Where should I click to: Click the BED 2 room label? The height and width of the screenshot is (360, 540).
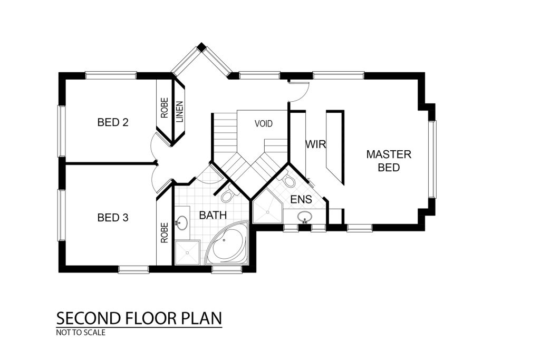[113, 122]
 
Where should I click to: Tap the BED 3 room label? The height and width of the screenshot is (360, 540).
[113, 218]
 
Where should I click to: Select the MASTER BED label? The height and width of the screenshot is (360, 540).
[389, 161]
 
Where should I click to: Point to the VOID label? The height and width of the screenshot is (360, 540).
[264, 123]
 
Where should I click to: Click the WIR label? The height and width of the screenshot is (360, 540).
[315, 144]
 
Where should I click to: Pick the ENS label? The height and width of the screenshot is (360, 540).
[301, 199]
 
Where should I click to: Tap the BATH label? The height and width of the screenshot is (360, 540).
[213, 216]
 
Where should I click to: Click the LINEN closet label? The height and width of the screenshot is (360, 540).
[180, 112]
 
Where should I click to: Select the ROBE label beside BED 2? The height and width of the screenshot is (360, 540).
[165, 108]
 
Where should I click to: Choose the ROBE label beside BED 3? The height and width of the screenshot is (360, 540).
[165, 232]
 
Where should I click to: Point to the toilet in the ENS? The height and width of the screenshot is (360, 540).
[288, 180]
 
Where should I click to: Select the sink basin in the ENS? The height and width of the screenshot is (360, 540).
[305, 217]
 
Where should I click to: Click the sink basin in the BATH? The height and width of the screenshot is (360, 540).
[181, 222]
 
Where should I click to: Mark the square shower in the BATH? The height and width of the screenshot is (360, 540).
[187, 253]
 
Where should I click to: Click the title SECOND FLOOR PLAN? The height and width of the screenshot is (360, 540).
[139, 318]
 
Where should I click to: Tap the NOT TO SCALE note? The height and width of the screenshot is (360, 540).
[81, 333]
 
